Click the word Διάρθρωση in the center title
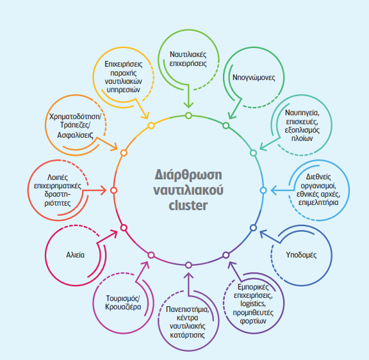[x=188, y=175]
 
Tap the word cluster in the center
[x=188, y=205]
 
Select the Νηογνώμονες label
[x=254, y=78]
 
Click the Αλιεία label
[x=76, y=255]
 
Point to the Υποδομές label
[x=301, y=255]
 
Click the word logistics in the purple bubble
[x=253, y=304]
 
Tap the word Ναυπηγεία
[x=302, y=113]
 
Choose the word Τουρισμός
[x=122, y=299]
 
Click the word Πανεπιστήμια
[x=187, y=309]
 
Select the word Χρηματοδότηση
[x=74, y=117]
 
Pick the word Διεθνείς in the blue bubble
[x=318, y=177]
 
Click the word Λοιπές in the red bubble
[x=58, y=177]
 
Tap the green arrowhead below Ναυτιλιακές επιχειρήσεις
[x=188, y=105]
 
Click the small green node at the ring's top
[x=188, y=115]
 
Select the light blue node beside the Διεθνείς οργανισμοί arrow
[x=263, y=190]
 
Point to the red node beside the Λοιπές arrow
[x=113, y=190]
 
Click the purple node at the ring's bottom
[x=188, y=265]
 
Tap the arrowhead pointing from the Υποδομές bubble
[x=263, y=234]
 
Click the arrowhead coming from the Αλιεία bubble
[x=114, y=234]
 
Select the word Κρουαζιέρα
[x=123, y=307]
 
